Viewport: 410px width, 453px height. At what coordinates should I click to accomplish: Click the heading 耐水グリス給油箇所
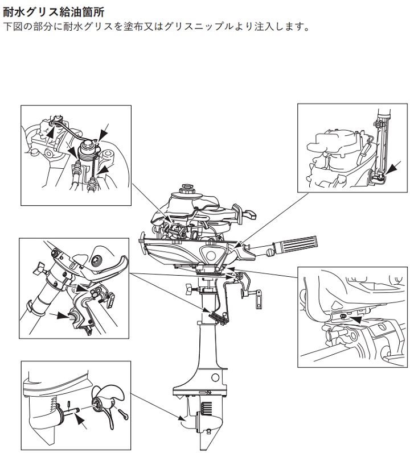(54, 13)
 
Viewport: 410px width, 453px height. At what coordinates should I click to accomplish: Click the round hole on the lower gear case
(215, 377)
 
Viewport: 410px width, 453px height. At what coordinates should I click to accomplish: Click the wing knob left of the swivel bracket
(189, 289)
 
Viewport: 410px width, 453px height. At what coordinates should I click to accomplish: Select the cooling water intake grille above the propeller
(206, 408)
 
